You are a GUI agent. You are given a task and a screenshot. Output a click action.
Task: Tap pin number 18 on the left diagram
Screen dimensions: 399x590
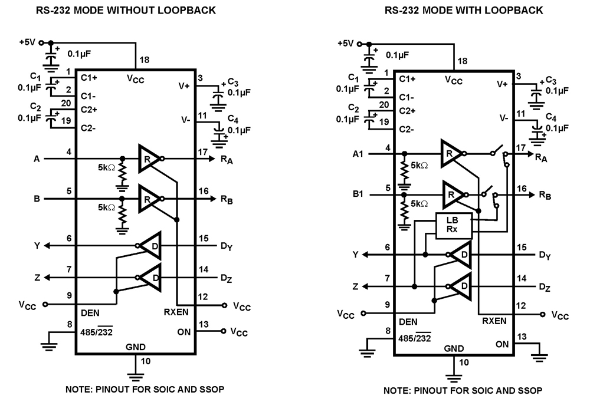click(144, 60)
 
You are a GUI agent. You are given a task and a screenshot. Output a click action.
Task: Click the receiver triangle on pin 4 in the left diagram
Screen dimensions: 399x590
click(147, 158)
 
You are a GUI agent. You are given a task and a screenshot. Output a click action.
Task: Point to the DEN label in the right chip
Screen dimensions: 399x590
click(408, 322)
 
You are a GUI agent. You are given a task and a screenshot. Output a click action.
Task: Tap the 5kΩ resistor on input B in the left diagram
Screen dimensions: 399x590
click(122, 214)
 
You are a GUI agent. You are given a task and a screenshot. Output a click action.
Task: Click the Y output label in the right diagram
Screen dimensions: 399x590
click(355, 255)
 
